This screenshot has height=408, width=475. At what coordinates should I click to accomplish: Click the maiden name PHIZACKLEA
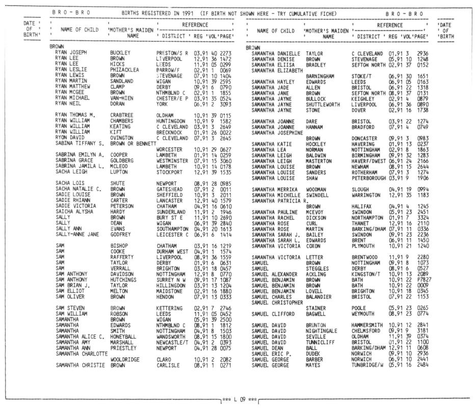click(x=124, y=70)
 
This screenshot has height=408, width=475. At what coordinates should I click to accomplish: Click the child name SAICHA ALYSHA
click(x=75, y=211)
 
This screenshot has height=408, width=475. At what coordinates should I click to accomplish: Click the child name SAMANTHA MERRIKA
click(x=277, y=189)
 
